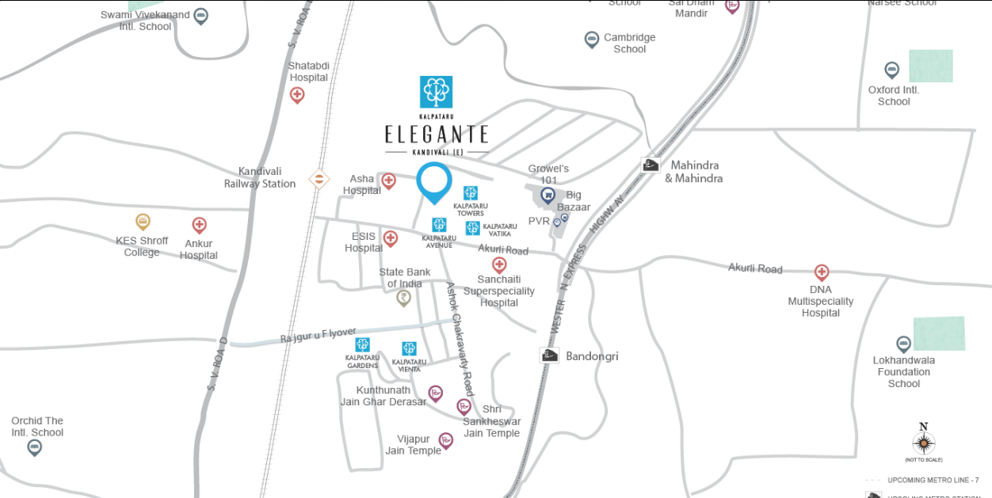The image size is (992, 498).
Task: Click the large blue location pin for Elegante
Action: pos(434,181)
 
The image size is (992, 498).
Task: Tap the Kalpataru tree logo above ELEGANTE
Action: pos(436,92)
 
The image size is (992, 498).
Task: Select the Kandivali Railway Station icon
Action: pos(319,179)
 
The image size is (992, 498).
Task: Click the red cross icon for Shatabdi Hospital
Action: pos(297,95)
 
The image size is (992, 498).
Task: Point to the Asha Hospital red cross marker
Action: pos(388,181)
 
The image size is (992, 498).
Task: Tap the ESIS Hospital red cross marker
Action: pos(391,238)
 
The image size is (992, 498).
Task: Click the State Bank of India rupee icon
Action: pos(404,298)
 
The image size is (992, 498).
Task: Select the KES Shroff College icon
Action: pos(143,222)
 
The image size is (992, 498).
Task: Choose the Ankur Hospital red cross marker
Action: pos(199,226)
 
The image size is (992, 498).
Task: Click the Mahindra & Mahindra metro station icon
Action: pos(651,165)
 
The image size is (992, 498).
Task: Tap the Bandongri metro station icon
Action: pos(549,355)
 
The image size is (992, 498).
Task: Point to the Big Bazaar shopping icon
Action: pos(548,195)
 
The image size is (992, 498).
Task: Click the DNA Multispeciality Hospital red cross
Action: pos(822,272)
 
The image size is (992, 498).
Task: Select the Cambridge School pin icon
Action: pos(591,39)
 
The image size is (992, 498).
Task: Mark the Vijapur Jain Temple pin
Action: pos(446,439)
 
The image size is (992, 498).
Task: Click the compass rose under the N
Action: pos(924,443)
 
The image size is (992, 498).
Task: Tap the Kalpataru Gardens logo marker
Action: pos(362,345)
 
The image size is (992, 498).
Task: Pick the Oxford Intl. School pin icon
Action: pos(892,70)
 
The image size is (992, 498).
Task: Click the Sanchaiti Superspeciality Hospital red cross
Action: pos(499,264)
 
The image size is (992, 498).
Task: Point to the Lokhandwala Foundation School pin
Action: pos(903,344)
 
